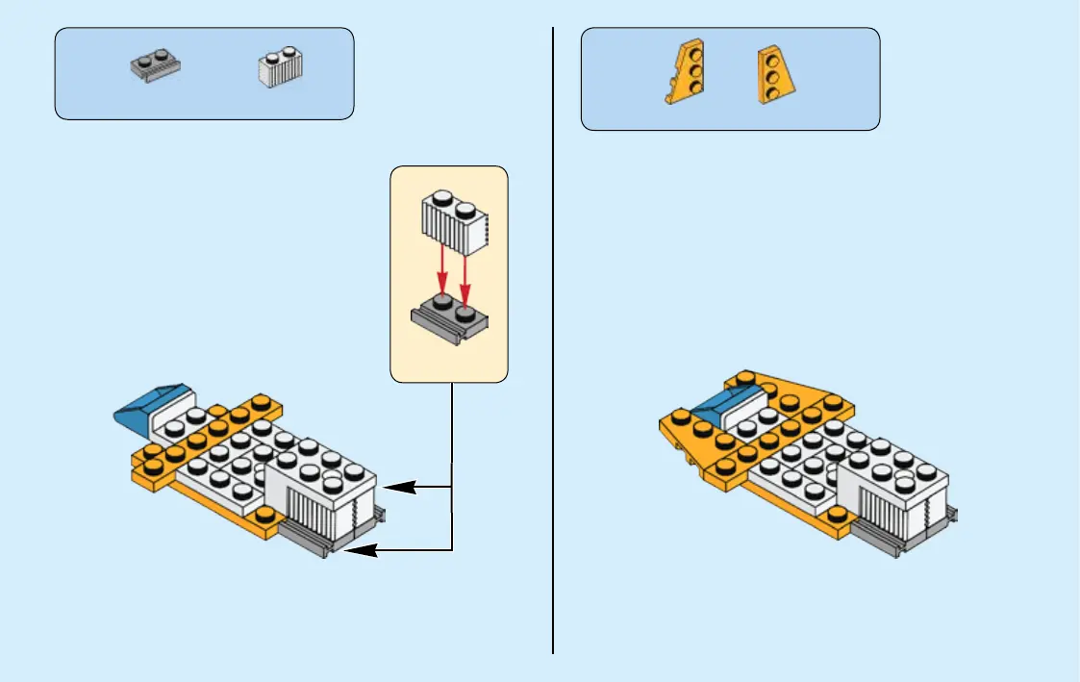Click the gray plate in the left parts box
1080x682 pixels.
click(155, 67)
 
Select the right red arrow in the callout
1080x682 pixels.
click(465, 272)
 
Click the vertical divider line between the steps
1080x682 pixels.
click(553, 337)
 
